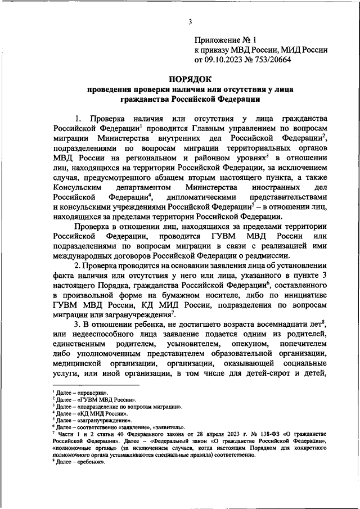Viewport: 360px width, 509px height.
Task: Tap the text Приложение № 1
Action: [224, 40]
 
